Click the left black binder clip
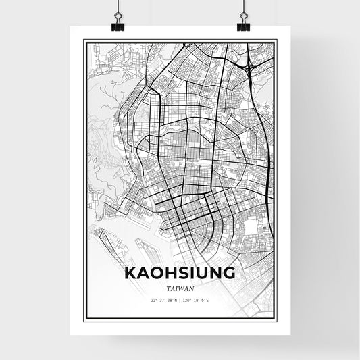click(x=116, y=26)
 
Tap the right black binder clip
click(x=243, y=26)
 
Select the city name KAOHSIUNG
click(x=179, y=274)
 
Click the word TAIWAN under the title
click(x=179, y=288)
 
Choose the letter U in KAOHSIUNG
click(x=202, y=274)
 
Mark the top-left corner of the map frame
click(x=84, y=41)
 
